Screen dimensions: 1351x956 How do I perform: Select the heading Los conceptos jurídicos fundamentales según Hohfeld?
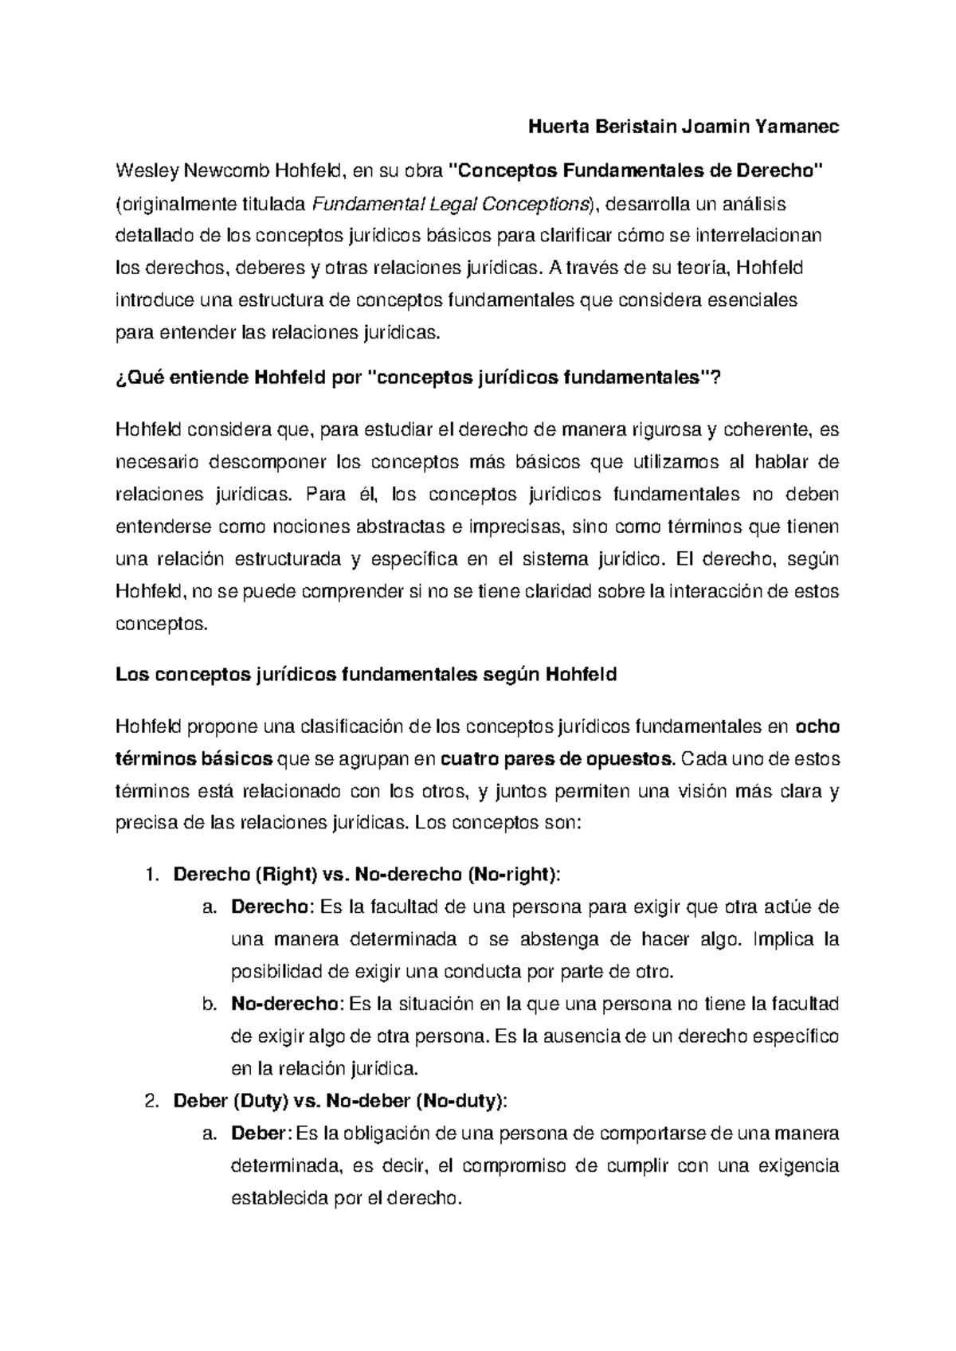point(366,675)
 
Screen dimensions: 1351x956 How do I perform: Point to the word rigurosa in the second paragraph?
point(667,431)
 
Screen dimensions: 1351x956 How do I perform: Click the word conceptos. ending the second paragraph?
point(162,624)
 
